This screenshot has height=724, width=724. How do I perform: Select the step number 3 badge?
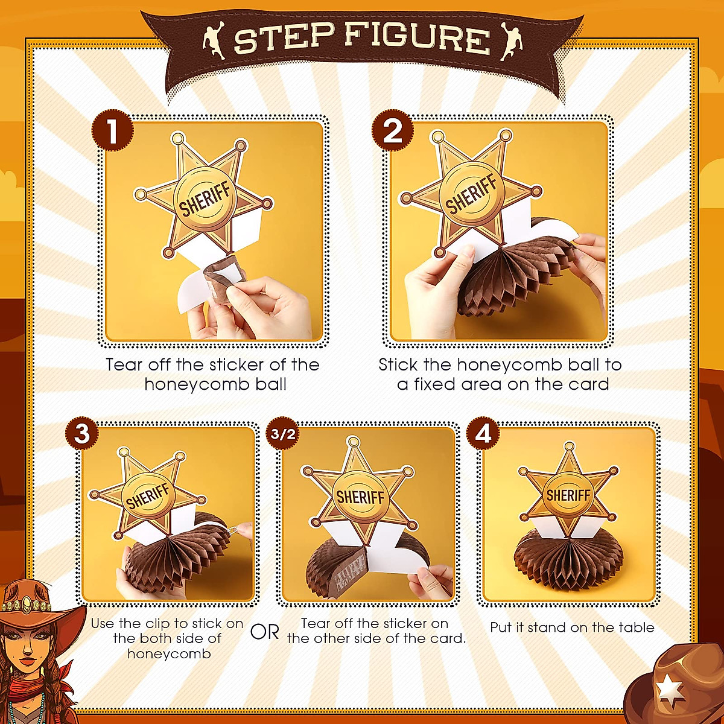82,433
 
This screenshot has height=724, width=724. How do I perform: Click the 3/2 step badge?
283,434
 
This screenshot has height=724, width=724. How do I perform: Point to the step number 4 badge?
483,433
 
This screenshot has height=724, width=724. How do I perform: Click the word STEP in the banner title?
283,39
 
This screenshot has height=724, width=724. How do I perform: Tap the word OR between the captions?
265,632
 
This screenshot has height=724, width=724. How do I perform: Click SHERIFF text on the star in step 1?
205,200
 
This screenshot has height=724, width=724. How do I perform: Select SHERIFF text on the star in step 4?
568,495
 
